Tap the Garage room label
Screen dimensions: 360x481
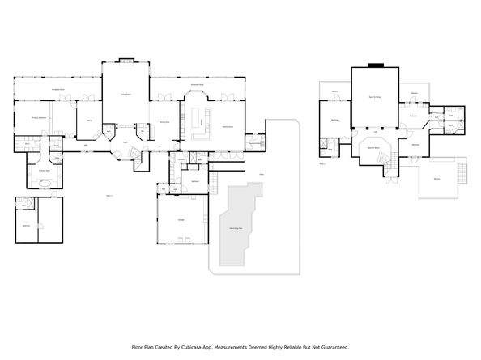click(x=180, y=219)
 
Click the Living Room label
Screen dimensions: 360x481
click(x=126, y=94)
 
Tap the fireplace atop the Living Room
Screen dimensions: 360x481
click(x=126, y=59)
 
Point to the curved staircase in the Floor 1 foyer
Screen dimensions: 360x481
click(x=138, y=162)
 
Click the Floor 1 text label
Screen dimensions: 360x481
click(x=110, y=195)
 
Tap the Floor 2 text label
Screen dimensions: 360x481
click(x=322, y=163)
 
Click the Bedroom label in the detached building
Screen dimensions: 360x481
click(x=26, y=224)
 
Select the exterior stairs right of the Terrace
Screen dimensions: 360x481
click(x=464, y=174)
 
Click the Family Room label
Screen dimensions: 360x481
click(x=228, y=128)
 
